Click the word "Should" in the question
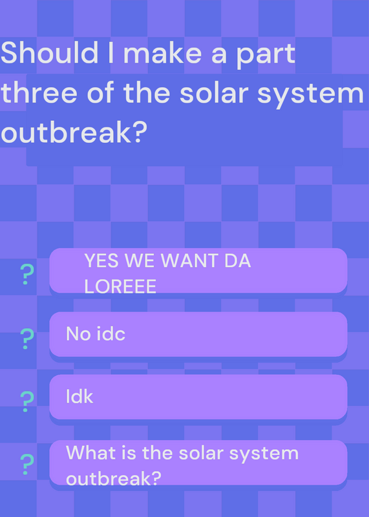pos(50,53)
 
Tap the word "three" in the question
pos(39,92)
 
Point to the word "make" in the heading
pos(162,53)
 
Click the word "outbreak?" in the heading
pos(74,132)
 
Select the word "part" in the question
pos(266,55)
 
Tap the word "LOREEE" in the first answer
pos(120,286)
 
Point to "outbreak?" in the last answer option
pos(114,478)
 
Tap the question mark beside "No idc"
pos(27,339)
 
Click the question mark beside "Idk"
pos(27,401)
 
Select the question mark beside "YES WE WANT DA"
pos(27,275)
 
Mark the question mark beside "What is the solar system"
pos(27,464)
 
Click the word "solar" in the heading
pos(214,92)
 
